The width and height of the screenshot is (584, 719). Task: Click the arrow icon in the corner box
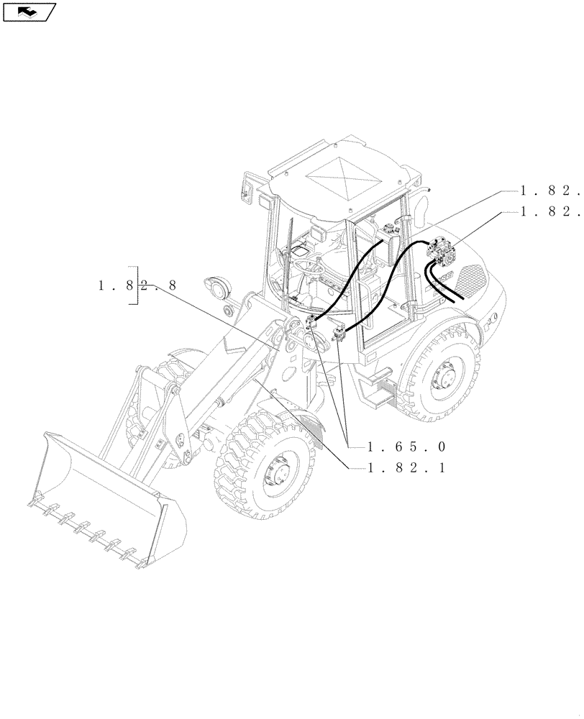click(28, 12)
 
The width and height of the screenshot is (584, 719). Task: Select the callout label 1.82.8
click(137, 286)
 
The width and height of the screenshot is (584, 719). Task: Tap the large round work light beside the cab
click(216, 288)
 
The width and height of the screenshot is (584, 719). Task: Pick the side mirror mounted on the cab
click(247, 191)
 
